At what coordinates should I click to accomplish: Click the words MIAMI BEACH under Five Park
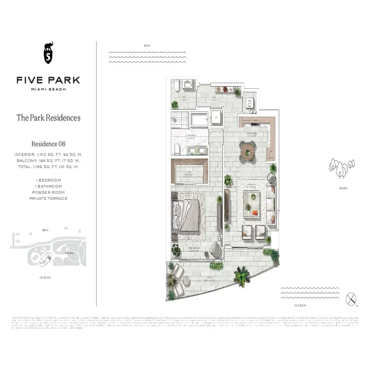48,89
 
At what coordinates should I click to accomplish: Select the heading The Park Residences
49,118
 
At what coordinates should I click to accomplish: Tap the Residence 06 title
48,144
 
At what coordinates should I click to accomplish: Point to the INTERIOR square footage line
48,154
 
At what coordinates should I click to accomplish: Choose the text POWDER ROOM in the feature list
48,192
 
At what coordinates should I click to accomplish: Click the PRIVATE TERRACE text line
48,198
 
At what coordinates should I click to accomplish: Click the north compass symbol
352,298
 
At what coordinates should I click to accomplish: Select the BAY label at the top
147,46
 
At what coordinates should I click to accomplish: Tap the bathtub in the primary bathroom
201,119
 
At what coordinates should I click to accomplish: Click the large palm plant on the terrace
241,277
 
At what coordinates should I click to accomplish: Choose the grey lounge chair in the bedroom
215,250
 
